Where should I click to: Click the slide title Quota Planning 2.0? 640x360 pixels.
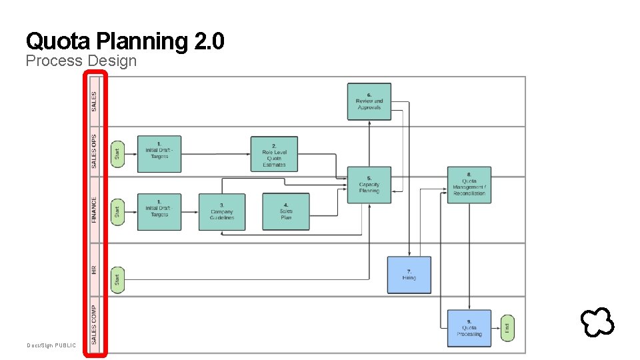click(125, 41)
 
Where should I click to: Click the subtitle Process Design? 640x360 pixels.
click(81, 61)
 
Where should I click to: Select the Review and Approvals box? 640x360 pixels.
click(369, 101)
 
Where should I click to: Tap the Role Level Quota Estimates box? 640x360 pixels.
click(274, 154)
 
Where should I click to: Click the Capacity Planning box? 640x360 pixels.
click(369, 185)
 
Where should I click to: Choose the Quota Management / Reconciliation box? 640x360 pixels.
click(469, 185)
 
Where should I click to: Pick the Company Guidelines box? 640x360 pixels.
click(222, 212)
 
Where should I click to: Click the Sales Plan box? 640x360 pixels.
click(286, 212)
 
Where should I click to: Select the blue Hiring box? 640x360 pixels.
click(409, 275)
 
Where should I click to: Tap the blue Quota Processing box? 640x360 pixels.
click(469, 328)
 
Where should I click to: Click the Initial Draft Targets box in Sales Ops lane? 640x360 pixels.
click(159, 153)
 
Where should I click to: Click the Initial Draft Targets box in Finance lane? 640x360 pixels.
click(159, 212)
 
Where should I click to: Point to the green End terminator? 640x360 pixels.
click(507, 327)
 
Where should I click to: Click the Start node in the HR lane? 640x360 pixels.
click(117, 279)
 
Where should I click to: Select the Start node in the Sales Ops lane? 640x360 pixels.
click(117, 153)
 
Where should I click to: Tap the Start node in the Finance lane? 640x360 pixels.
click(117, 212)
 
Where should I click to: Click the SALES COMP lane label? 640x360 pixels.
click(94, 325)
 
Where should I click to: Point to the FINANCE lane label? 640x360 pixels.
click(94, 209)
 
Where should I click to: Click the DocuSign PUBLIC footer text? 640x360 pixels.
click(51, 345)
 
